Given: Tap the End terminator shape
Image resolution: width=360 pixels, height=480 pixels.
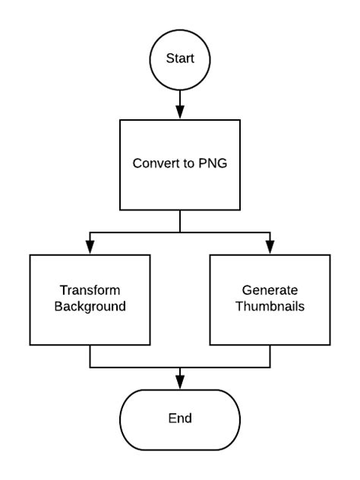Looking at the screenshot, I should click(180, 418).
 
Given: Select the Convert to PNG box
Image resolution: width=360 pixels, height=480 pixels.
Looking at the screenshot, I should click(180, 163).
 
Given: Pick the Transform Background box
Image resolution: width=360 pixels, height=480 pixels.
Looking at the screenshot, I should click(90, 299).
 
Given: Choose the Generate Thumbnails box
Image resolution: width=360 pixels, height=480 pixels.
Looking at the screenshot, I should click(270, 299).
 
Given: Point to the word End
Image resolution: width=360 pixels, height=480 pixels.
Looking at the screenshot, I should click(180, 418).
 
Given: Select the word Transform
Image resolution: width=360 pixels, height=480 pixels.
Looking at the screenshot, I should click(90, 291).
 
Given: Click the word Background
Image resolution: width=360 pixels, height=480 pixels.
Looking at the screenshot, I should click(90, 308).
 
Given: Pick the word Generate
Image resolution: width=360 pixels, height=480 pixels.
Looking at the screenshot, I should click(270, 291).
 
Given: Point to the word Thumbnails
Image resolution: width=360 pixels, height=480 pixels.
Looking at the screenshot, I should click(270, 308).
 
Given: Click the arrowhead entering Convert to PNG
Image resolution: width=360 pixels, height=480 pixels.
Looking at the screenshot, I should click(180, 112).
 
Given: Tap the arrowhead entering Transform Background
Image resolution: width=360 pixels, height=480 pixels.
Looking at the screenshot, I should click(90, 248).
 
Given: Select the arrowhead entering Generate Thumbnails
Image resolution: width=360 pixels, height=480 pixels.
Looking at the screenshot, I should click(270, 248).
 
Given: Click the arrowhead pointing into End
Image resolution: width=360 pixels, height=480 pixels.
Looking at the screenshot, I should click(180, 383).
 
